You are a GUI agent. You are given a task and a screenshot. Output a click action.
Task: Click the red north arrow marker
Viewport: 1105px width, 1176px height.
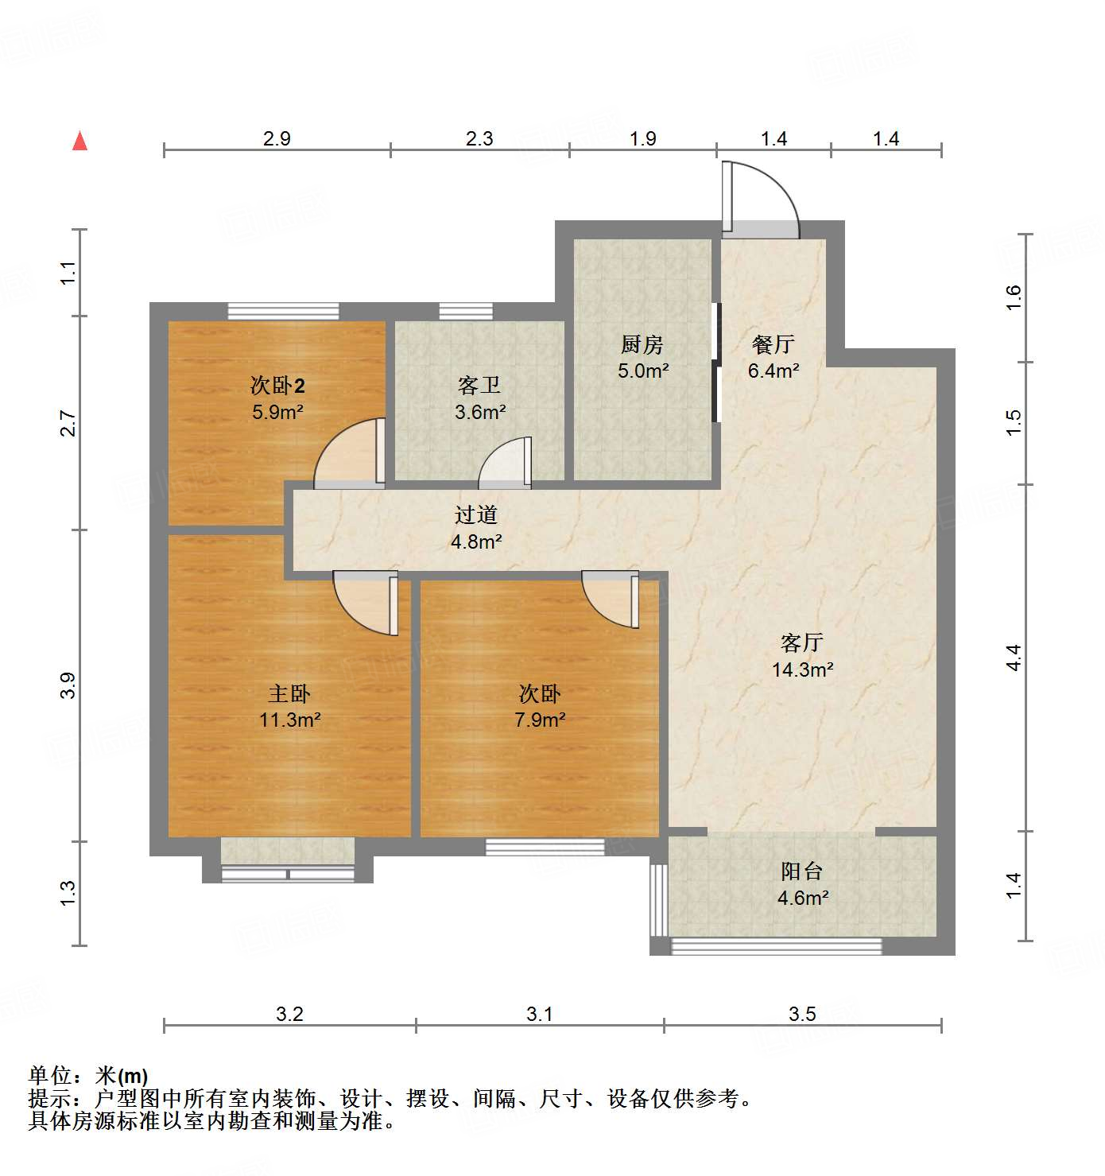click(79, 141)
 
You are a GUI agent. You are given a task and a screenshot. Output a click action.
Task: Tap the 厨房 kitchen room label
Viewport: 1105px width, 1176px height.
click(642, 344)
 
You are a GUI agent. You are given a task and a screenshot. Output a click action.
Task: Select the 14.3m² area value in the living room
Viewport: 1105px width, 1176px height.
click(802, 670)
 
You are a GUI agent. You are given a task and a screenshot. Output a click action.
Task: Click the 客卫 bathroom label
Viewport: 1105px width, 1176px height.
click(479, 386)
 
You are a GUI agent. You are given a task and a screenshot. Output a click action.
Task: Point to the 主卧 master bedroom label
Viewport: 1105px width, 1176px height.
click(289, 693)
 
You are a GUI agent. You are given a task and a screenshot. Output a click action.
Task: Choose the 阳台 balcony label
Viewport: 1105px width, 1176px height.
click(801, 871)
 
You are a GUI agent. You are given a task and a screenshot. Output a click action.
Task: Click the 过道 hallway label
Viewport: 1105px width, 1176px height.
click(476, 515)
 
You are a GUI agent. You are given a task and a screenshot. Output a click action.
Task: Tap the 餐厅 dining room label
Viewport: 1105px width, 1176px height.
click(773, 344)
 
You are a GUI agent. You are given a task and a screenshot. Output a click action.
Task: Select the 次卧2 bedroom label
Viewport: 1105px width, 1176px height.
click(277, 386)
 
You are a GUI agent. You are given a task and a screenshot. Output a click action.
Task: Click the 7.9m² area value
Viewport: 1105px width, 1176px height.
click(540, 720)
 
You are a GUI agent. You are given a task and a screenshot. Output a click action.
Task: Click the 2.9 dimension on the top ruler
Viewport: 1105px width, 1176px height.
click(277, 138)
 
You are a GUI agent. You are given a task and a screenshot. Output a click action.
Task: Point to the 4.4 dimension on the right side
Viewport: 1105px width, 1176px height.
click(1014, 658)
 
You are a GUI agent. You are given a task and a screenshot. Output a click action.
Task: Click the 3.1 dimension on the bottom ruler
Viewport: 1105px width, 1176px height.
click(539, 1014)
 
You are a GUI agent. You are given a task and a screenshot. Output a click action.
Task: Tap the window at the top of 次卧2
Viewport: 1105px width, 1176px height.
click(284, 311)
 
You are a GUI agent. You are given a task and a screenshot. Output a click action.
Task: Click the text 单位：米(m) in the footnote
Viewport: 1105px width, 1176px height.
click(88, 1076)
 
